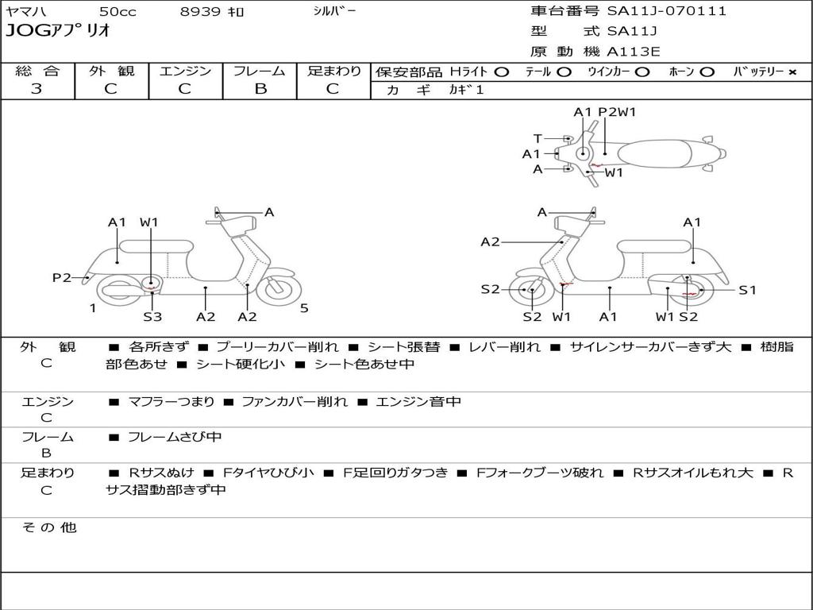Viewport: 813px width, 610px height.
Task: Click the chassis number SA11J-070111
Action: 667,11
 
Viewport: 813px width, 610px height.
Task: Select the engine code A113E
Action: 634,52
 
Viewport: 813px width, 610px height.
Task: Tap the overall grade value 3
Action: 37,89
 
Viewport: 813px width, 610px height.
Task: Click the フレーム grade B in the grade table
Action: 260,89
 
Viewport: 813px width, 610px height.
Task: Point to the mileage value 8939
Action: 200,11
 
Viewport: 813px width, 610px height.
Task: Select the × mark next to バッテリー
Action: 792,72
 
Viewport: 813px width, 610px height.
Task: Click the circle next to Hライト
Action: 502,72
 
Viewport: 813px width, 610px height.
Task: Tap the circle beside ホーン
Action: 707,72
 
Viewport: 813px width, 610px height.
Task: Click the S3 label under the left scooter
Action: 152,316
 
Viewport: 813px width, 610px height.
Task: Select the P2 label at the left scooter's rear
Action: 61,277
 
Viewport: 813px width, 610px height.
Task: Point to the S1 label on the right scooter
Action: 747,290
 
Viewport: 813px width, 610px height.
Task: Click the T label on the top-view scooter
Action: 538,138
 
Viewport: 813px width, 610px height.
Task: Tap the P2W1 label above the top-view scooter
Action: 617,111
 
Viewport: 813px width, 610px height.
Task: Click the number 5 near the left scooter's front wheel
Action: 304,308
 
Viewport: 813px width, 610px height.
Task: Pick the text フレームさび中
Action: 175,438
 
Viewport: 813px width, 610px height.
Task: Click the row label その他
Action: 49,527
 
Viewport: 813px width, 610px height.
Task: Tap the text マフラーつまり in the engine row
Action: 171,401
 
